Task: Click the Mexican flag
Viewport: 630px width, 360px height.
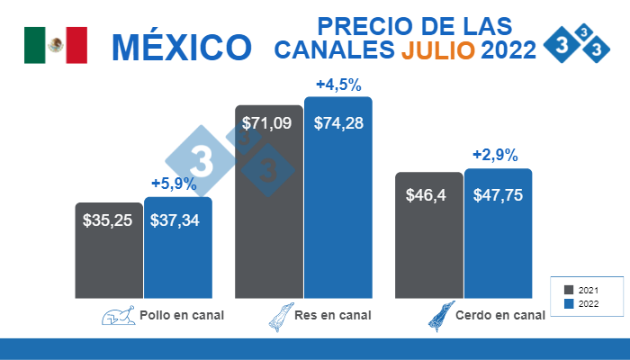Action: [55, 45]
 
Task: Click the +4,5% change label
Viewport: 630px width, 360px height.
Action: [338, 85]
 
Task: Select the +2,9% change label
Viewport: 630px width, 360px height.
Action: [496, 155]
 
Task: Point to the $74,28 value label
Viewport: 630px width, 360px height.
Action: [338, 123]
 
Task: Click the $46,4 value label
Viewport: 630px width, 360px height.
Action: [428, 193]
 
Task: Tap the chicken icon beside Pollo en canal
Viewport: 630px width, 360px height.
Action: [115, 316]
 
